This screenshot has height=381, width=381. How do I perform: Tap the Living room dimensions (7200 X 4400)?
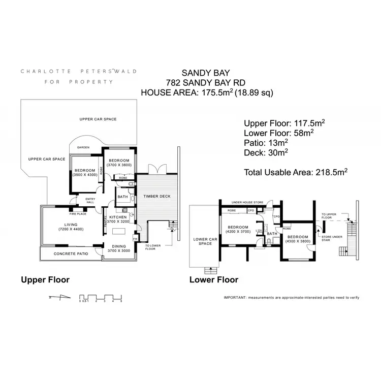[x=70, y=230]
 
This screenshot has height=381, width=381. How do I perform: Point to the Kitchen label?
[x=118, y=217]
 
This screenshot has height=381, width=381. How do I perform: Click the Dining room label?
[x=118, y=246]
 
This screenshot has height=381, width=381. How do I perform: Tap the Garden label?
[x=83, y=147]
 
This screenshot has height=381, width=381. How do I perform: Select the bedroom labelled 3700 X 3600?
[x=120, y=162]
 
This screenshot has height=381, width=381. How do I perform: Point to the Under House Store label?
[x=247, y=202]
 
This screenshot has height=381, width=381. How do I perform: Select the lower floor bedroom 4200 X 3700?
[x=238, y=229]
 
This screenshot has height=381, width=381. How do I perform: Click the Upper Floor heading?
[x=45, y=279]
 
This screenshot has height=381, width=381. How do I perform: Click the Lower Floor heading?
[x=213, y=279]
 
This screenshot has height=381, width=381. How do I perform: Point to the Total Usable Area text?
[x=296, y=172]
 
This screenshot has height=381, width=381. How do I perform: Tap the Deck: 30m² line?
[x=266, y=152]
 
